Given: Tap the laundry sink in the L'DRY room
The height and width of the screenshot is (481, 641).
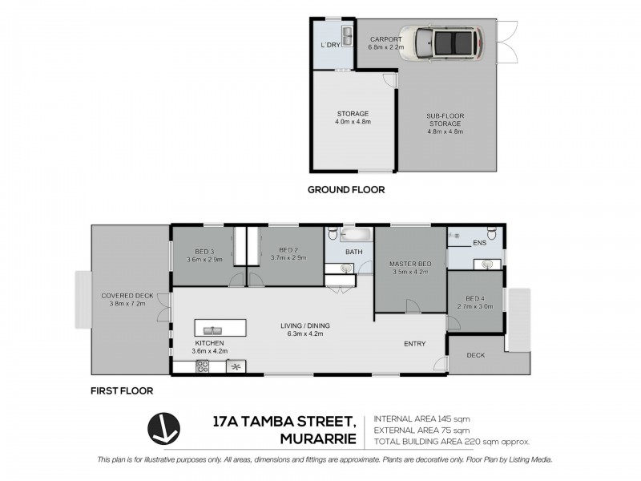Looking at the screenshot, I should pos(347,35).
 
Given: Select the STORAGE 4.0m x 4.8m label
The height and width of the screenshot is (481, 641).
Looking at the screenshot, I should pos(353,119).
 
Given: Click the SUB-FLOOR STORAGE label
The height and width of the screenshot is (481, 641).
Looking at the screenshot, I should pos(445,119).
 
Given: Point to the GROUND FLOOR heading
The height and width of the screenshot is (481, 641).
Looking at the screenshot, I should pos(346,190).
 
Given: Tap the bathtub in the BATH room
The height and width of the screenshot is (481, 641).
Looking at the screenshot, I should pos(353,236).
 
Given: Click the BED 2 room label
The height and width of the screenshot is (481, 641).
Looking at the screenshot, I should pos(284,256).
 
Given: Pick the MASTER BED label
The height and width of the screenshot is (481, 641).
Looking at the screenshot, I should pos(409,268).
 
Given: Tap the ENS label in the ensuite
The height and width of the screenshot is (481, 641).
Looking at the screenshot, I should pos(480,242).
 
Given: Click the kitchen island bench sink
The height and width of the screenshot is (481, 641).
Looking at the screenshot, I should pos(214,329).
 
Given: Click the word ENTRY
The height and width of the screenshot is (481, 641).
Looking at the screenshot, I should pos(414,344).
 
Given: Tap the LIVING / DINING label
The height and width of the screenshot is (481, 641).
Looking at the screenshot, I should pos(304,329).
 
